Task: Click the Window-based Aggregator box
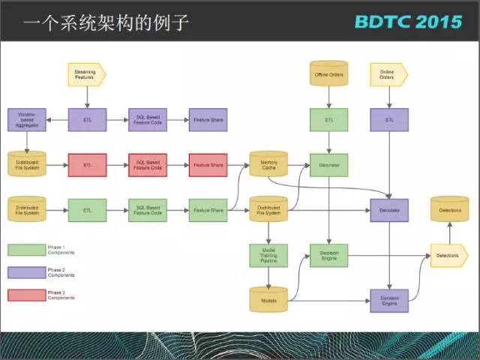pos(27,120)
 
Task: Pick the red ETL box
pos(87,165)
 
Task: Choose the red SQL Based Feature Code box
pos(148,165)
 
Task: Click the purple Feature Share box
pos(208,120)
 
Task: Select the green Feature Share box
pos(208,210)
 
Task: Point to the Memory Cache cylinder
pos(268,164)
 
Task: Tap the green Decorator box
pos(328,165)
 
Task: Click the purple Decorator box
pos(389,210)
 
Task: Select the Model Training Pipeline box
pos(268,255)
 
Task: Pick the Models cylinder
pos(268,300)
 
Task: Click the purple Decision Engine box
pos(389,300)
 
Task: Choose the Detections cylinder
pos(449,209)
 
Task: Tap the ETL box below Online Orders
pos(389,120)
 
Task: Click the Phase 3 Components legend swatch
pos(26,295)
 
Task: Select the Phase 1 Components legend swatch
pos(26,250)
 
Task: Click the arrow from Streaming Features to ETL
pos(87,96)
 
